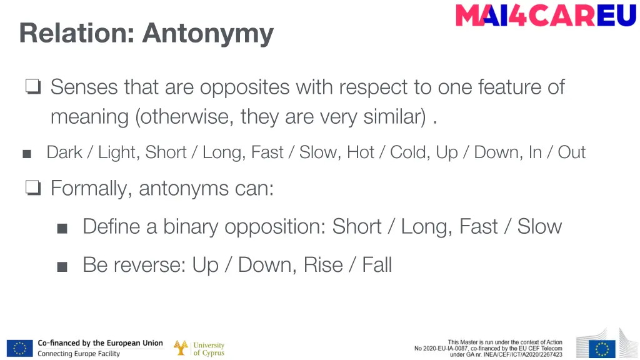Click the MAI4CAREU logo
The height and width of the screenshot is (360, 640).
546,15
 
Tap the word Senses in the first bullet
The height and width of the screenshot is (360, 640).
84,87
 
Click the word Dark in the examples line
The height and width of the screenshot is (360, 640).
64,152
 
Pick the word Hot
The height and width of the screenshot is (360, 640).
361,152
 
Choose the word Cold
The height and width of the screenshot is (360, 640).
409,152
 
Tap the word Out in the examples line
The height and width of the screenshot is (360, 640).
571,152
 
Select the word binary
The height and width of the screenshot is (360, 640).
192,226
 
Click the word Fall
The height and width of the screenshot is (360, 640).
377,265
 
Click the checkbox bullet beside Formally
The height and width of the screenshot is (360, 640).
33,188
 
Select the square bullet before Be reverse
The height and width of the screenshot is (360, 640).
62,267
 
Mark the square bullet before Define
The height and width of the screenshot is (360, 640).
62,228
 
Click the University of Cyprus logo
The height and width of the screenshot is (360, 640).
199,348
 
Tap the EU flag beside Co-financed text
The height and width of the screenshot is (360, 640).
19,348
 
